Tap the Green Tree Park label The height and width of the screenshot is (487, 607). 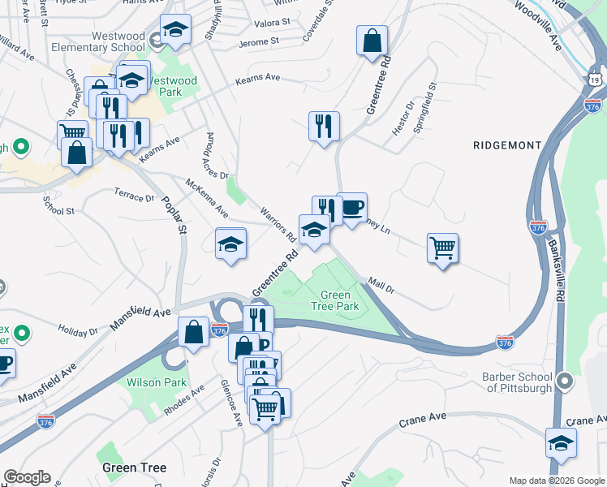335,301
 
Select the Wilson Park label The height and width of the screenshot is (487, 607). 157,382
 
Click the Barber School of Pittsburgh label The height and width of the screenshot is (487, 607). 517,382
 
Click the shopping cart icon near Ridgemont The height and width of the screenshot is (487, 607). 443,248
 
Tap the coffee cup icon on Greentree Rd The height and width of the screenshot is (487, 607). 352,208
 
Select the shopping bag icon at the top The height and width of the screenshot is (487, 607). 372,41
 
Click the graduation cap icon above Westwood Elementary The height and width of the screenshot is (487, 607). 175,30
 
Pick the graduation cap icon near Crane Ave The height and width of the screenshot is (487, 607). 561,443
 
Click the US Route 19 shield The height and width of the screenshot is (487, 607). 595,80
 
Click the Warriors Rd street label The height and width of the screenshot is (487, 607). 278,224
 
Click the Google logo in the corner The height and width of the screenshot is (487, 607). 27,477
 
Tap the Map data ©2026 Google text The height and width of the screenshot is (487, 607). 557,481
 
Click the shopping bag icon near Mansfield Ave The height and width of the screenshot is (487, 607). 194,332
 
